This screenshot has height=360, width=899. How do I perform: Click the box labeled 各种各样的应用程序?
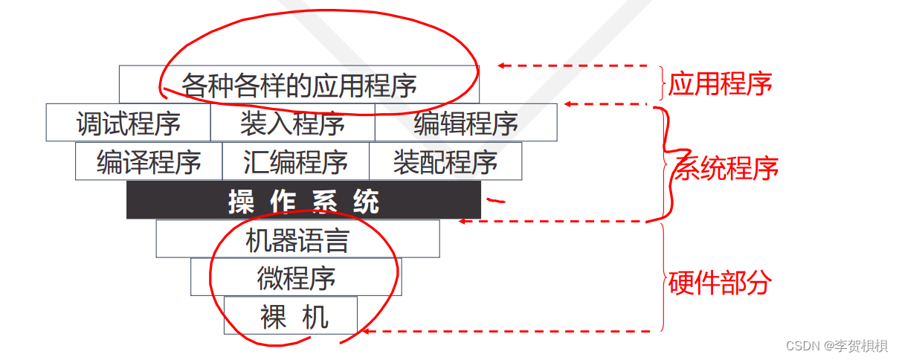(299, 84)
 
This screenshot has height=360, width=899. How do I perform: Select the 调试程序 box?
(128, 123)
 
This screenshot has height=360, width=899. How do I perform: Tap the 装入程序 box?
(292, 123)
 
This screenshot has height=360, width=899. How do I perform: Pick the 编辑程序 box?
(465, 123)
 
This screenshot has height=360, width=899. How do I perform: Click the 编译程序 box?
(149, 161)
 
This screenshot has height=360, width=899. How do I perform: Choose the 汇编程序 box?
(295, 161)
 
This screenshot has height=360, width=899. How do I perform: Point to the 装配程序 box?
(445, 161)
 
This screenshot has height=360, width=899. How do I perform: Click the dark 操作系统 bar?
(303, 201)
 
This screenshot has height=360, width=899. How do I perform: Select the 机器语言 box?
(297, 240)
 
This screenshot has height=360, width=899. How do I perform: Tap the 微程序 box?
(296, 277)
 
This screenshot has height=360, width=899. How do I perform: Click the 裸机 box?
(291, 316)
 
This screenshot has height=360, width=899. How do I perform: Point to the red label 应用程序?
(720, 83)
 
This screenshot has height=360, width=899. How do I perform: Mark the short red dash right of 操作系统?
(495, 199)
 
